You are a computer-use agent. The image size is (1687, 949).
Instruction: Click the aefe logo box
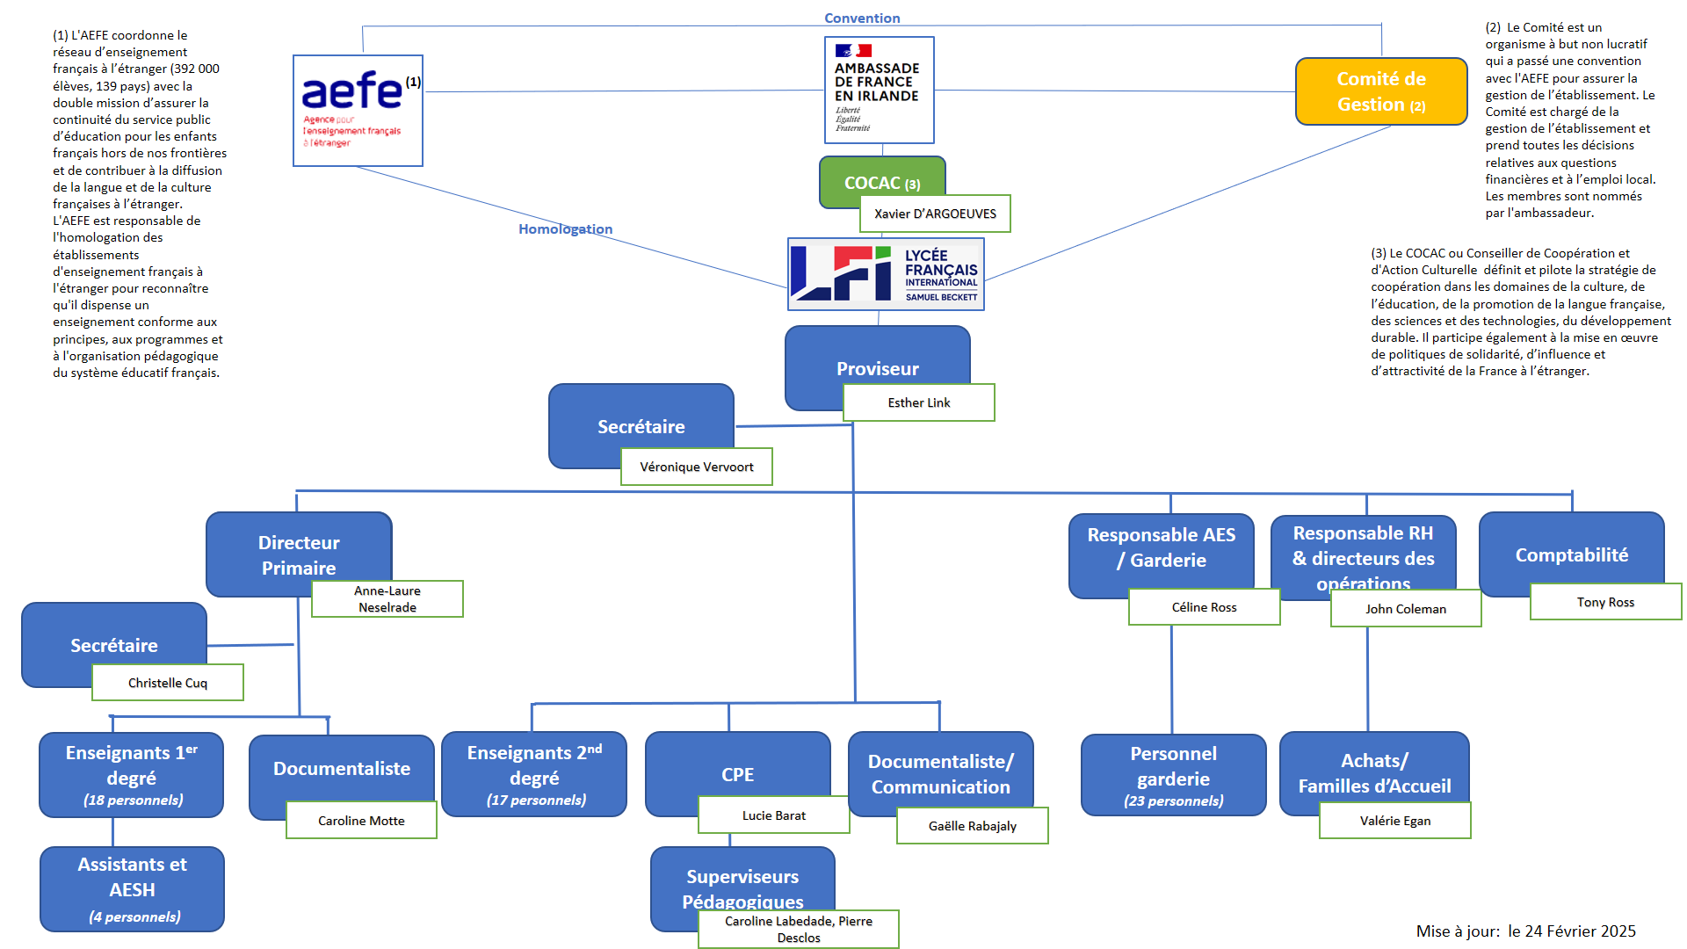pos(358,111)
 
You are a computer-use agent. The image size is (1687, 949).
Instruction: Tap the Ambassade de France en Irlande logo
pos(879,90)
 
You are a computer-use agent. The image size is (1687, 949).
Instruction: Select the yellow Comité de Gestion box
pos(1380,91)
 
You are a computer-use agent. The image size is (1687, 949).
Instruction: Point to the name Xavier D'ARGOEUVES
pos(935,214)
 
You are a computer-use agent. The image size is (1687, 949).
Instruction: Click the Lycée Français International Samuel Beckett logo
pos(886,274)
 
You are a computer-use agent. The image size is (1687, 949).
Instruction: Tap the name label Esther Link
pos(918,402)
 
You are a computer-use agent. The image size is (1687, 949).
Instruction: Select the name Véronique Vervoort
pos(696,467)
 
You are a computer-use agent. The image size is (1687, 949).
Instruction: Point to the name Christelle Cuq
pos(167,683)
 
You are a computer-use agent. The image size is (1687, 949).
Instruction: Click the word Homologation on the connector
pos(565,229)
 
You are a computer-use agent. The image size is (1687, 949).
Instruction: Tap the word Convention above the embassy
pos(862,18)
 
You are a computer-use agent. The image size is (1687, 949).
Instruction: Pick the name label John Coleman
pos(1405,609)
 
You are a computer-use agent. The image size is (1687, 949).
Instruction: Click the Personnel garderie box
pos(1173,775)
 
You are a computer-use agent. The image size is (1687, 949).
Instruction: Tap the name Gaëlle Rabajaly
pos(972,826)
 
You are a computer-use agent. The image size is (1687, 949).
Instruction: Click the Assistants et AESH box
pos(132,888)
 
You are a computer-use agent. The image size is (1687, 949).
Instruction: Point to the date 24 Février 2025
pos(1580,931)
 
